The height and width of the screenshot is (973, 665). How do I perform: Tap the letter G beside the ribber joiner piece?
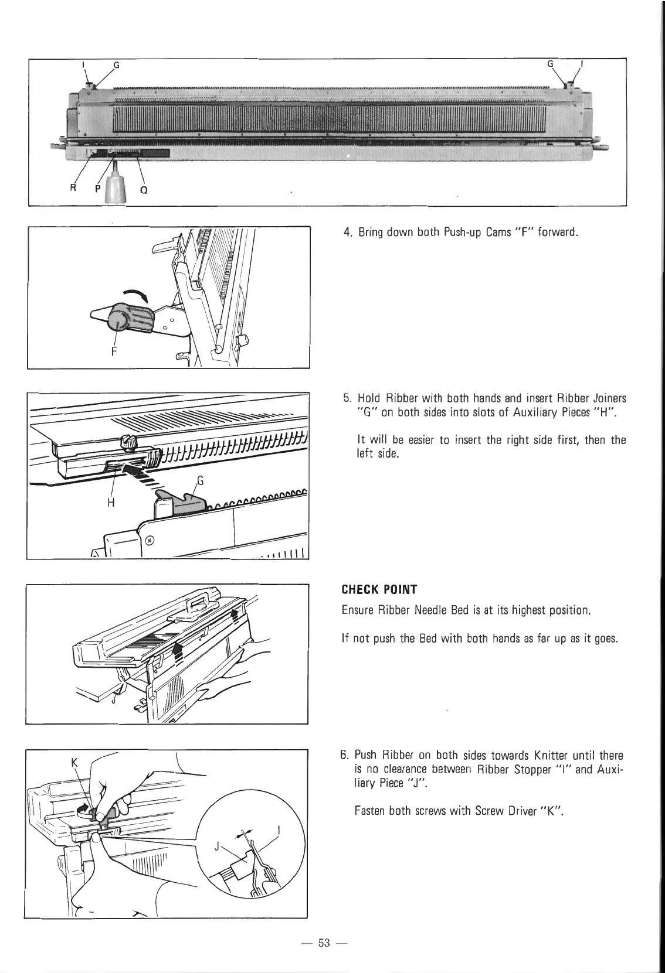199,482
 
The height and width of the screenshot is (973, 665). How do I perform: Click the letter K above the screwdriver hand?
74,763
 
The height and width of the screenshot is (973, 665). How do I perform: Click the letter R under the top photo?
73,189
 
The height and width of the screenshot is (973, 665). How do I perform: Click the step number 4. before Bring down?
347,233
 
